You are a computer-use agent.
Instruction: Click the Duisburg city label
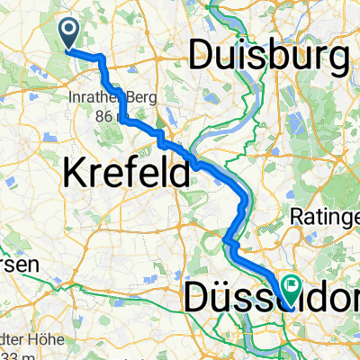[x=269, y=59]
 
